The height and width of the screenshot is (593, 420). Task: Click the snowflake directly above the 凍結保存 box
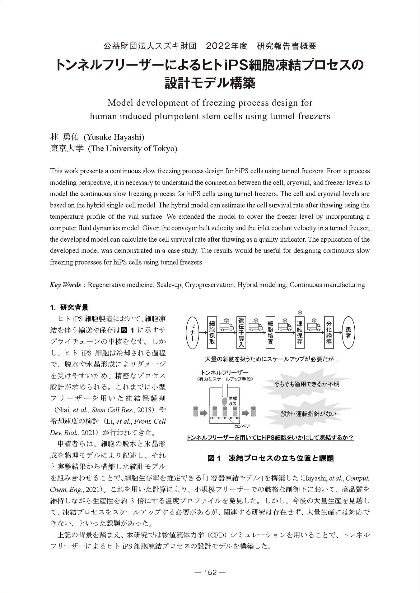(300, 312)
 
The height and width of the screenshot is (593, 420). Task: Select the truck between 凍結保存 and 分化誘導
(314, 327)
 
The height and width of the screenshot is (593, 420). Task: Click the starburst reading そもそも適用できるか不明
(306, 384)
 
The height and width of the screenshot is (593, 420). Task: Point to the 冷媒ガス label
(233, 400)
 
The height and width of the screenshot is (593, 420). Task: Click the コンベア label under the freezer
(242, 426)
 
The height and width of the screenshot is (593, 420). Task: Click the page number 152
(210, 572)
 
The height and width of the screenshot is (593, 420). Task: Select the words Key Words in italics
(65, 285)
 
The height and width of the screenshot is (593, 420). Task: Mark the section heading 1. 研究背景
(69, 308)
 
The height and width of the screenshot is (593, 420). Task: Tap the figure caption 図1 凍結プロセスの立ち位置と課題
(271, 458)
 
